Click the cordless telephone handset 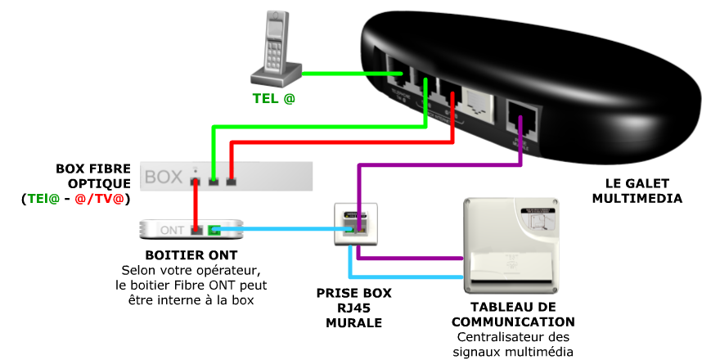tap(276, 49)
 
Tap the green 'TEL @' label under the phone tap(273, 98)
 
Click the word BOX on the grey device tap(164, 177)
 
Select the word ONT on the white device tap(172, 230)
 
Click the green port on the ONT tap(214, 230)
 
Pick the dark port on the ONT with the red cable tap(196, 230)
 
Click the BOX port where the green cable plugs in tap(214, 180)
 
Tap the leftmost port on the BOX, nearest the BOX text tap(196, 179)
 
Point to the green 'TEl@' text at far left tap(43, 199)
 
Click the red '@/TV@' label tap(99, 199)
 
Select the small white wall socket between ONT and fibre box tap(357, 223)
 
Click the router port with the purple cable tap(520, 119)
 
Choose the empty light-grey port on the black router tap(475, 102)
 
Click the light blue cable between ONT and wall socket tap(286, 230)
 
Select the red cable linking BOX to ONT tap(196, 205)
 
